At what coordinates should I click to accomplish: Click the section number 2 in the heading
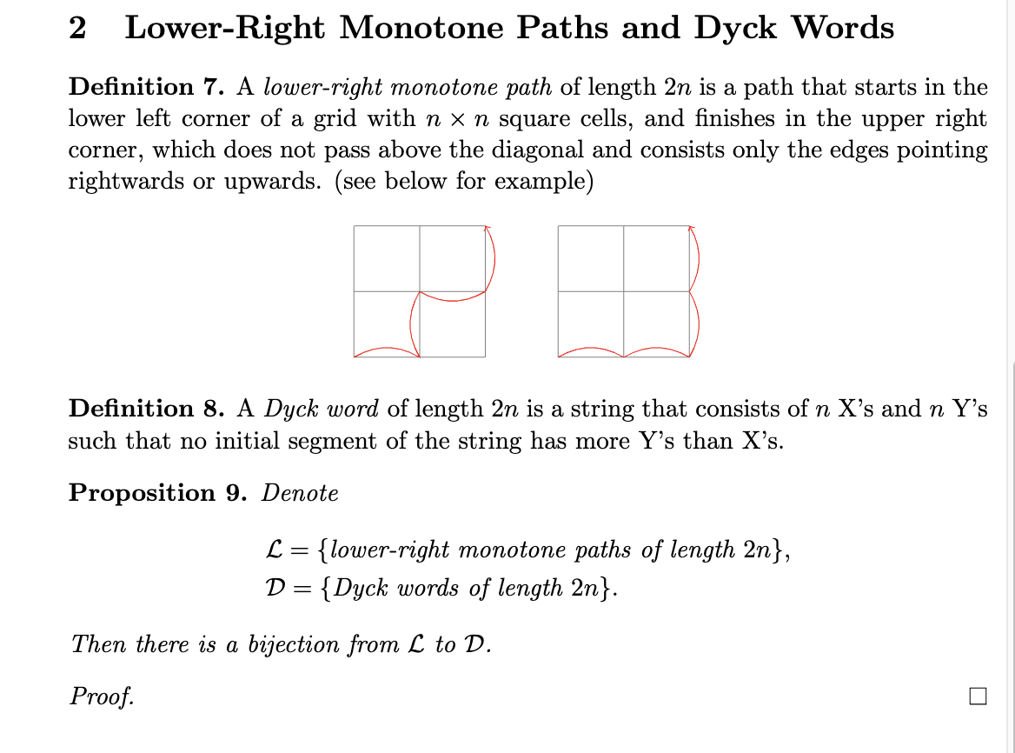(x=77, y=30)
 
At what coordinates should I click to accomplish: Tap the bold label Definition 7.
(x=147, y=87)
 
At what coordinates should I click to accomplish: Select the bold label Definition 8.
(x=147, y=409)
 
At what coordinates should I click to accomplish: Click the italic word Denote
(x=301, y=493)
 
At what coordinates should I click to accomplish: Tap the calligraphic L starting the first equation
(x=273, y=550)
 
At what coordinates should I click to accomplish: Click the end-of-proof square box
(x=978, y=696)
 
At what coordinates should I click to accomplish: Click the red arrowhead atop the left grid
(x=488, y=230)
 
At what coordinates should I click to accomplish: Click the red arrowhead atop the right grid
(x=692, y=230)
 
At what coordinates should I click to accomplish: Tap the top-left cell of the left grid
(x=387, y=258)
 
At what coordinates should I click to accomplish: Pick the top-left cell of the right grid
(x=591, y=258)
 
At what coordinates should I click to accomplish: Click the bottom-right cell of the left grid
(x=453, y=324)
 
